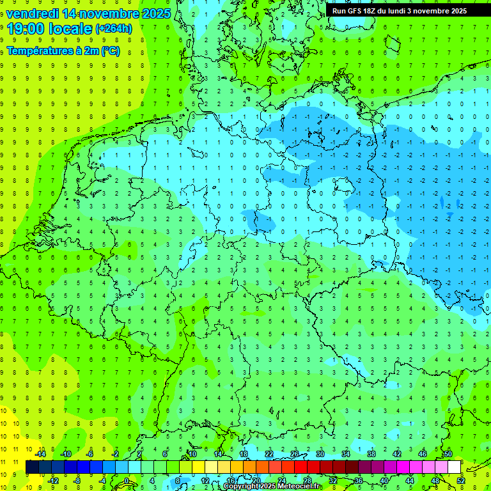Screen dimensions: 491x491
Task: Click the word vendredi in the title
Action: click(33, 13)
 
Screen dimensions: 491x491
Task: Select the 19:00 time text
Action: click(26, 29)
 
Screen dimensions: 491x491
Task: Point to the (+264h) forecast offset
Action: click(114, 29)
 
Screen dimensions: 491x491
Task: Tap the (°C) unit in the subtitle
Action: click(109, 51)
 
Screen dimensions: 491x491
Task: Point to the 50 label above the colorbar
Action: click(448, 454)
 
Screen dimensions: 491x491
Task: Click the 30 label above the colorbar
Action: click(320, 454)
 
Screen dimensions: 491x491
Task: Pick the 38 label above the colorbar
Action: click(371, 454)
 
